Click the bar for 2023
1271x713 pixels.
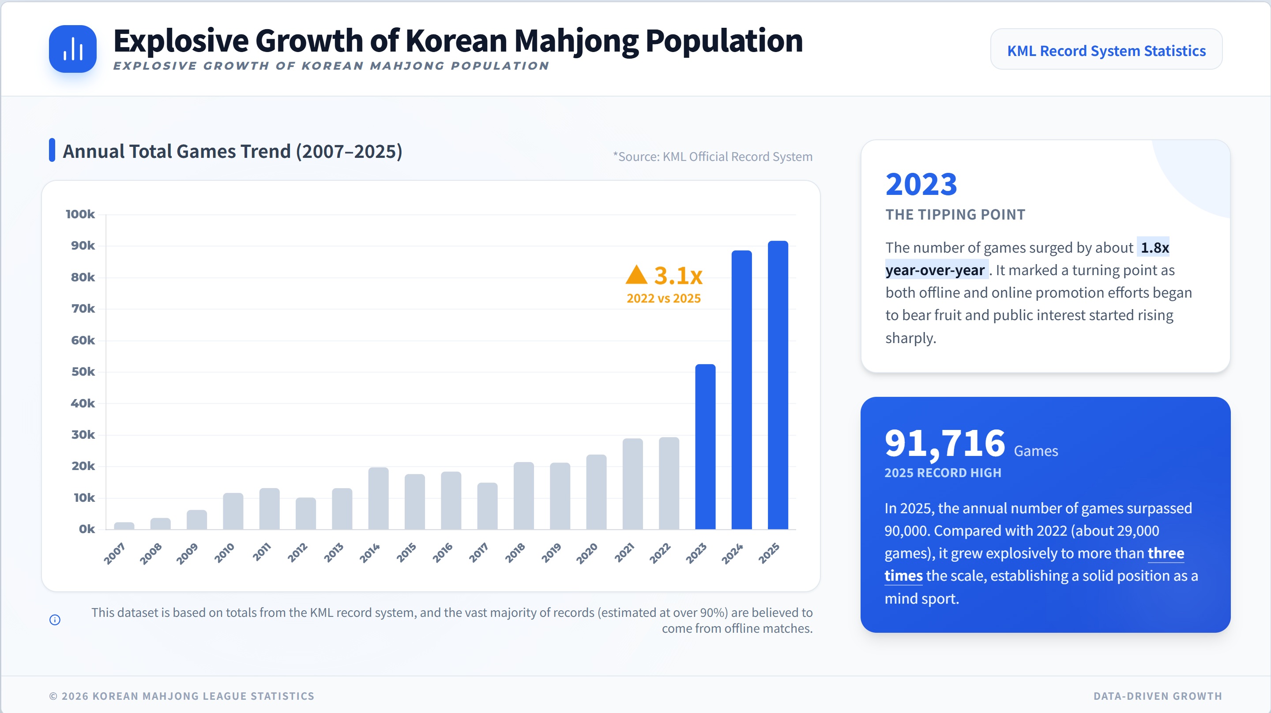click(x=705, y=446)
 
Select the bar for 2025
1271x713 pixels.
click(x=778, y=384)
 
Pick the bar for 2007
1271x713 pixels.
click(x=124, y=526)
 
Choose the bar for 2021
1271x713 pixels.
click(x=632, y=484)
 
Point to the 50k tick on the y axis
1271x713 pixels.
click(x=83, y=372)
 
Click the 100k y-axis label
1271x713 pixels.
click(x=80, y=214)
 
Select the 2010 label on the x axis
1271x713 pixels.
click(x=224, y=553)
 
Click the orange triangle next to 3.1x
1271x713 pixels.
click(x=636, y=275)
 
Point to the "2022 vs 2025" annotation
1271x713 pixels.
click(x=664, y=299)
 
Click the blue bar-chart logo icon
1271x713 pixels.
click(x=72, y=49)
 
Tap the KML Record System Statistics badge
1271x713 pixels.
click(x=1106, y=50)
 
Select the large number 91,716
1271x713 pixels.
click(x=944, y=442)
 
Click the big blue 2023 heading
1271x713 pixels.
click(x=921, y=184)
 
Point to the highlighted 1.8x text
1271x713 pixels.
click(x=1154, y=247)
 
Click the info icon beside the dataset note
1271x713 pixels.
click(x=55, y=620)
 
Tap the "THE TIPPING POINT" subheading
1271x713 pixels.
click(x=955, y=214)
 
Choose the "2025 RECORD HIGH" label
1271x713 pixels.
click(x=942, y=473)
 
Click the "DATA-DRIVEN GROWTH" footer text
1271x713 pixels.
click(x=1158, y=696)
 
